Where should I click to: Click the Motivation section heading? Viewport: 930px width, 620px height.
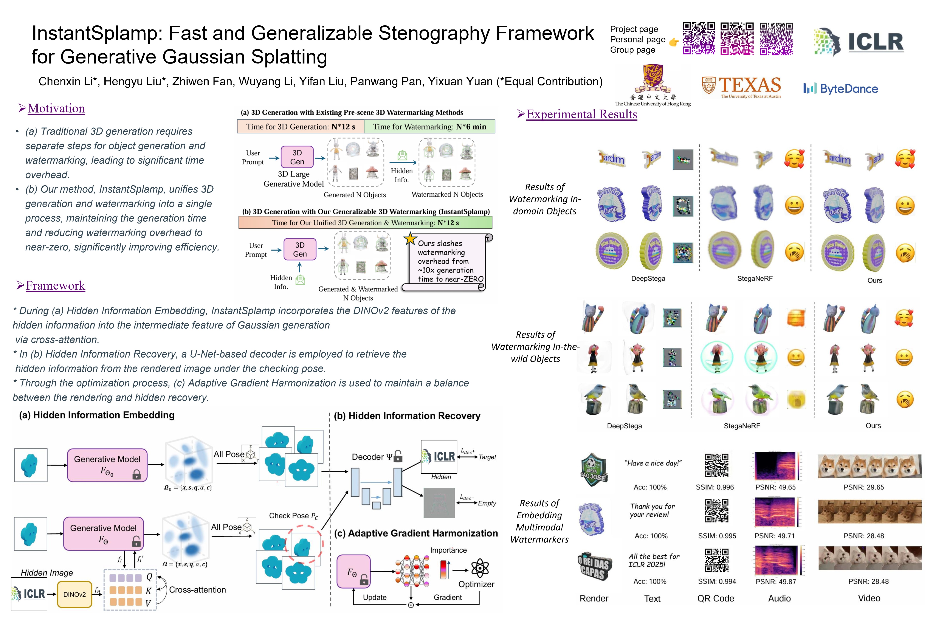click(56, 108)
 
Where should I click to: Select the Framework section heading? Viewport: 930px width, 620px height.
click(55, 285)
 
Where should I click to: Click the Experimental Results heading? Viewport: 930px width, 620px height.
click(582, 114)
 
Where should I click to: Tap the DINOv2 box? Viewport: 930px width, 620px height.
click(74, 594)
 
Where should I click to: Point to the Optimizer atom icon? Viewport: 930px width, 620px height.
click(480, 568)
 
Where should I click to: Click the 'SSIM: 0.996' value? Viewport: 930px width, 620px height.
click(715, 487)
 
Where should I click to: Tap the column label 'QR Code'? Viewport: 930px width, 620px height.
click(715, 598)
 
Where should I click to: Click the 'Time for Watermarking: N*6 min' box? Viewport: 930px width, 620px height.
click(429, 127)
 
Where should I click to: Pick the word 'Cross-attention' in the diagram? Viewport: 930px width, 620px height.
click(197, 590)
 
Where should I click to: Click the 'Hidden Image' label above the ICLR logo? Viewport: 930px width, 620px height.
click(47, 573)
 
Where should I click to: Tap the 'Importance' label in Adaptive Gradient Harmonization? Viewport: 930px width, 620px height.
click(448, 550)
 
